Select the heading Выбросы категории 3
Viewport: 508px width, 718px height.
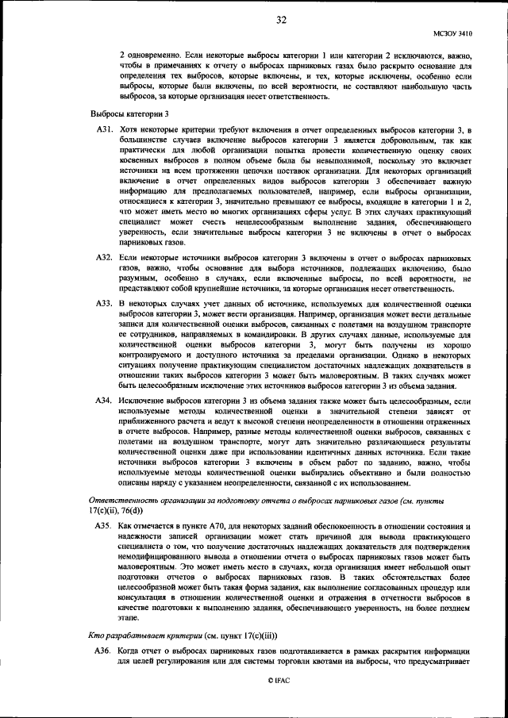click(x=129, y=114)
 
